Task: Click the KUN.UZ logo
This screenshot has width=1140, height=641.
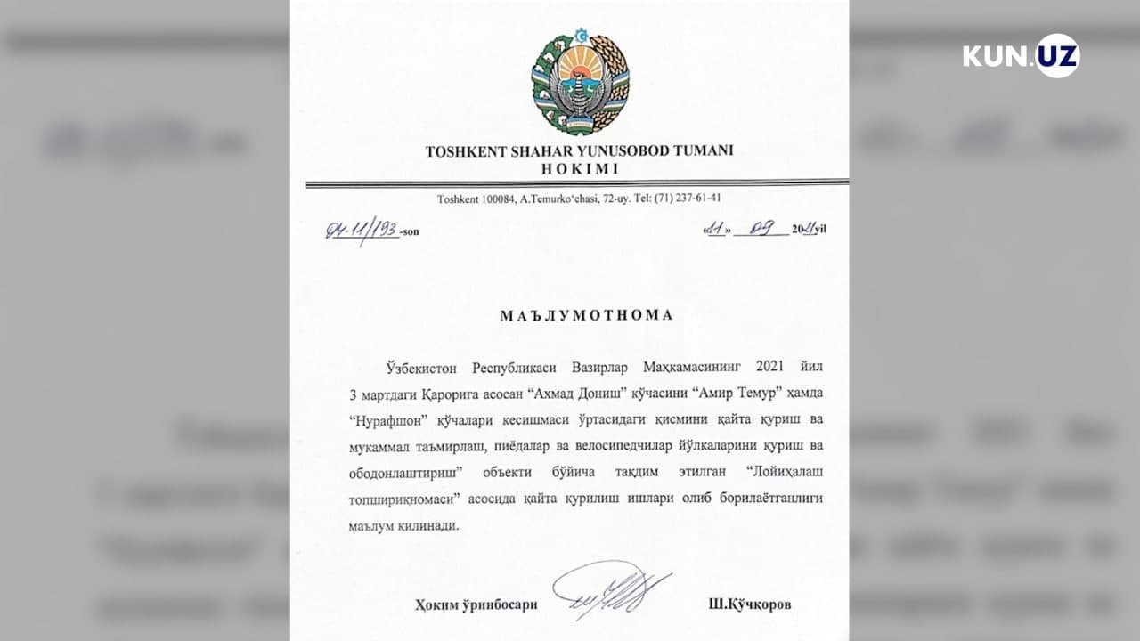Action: click(x=1021, y=55)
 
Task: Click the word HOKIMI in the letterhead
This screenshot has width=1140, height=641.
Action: click(x=579, y=168)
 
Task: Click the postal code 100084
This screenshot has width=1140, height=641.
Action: click(x=493, y=199)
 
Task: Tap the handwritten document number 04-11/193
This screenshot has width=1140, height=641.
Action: click(x=362, y=231)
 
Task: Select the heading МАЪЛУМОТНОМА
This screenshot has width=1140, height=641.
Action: click(x=586, y=315)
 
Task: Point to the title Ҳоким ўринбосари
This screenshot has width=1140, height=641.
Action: click(x=476, y=604)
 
